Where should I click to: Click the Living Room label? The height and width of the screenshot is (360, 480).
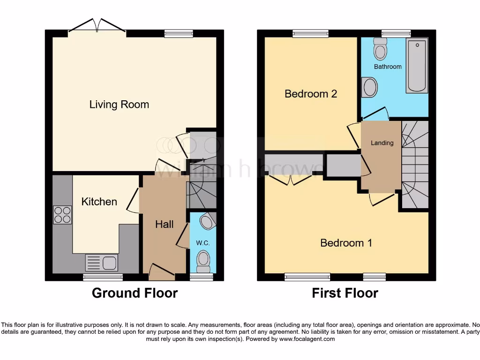click(119, 104)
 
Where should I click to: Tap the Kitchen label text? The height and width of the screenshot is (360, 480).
click(99, 202)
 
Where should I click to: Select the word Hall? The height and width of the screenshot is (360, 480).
click(165, 225)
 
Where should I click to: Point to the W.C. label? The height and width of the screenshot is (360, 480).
click(202, 243)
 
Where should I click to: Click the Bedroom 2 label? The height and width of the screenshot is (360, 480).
click(311, 94)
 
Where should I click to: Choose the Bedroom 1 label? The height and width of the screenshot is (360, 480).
click(346, 243)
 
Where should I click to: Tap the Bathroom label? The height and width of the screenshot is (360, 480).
click(388, 67)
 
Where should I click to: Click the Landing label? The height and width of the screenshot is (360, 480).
click(382, 142)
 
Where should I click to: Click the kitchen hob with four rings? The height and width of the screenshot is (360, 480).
click(62, 215)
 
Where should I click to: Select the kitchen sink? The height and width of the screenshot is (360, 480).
click(102, 262)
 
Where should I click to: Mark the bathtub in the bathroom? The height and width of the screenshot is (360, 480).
click(417, 66)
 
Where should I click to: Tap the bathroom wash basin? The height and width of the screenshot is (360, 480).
click(369, 87)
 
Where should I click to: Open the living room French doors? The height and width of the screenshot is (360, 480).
click(97, 27)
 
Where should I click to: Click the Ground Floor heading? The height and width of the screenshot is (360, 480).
click(135, 293)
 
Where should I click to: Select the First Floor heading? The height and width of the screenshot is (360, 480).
click(345, 293)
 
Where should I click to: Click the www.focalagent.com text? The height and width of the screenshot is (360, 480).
click(307, 339)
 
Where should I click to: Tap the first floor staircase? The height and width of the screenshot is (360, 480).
click(414, 164)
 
